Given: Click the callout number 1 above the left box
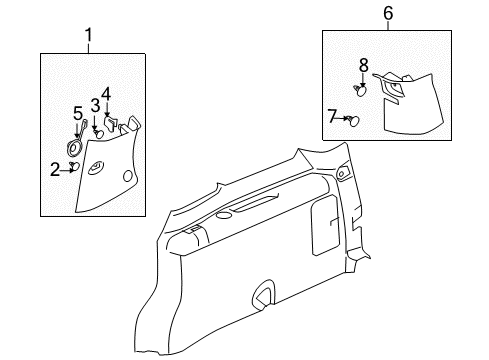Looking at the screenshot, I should [x=88, y=37].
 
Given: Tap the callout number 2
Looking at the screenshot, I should [x=55, y=169].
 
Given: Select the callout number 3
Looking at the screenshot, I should [x=95, y=105].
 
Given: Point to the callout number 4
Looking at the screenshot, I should [x=106, y=96].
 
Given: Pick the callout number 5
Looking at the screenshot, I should [x=77, y=113].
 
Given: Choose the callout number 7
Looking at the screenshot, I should [x=334, y=118].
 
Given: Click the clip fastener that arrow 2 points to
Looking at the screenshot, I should [x=74, y=169].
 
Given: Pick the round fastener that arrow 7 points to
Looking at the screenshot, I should [x=354, y=120].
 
